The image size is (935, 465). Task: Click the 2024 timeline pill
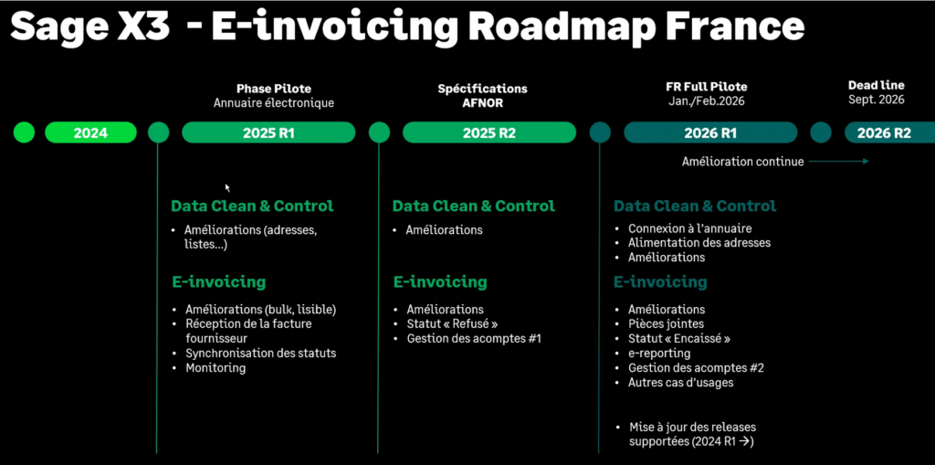pos(90,133)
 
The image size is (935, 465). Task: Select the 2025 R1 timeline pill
pos(268,133)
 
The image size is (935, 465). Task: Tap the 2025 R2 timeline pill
pos(489,133)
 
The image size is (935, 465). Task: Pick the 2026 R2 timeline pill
pos(888,133)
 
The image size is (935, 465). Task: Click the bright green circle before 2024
pos(24,133)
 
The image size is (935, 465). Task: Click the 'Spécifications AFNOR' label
pos(482,95)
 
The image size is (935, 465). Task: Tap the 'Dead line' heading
pos(876,85)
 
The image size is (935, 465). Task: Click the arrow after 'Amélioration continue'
pos(838,162)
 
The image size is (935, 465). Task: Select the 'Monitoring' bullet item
pos(215,368)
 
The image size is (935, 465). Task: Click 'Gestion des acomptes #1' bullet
pos(474,339)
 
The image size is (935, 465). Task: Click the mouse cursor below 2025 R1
pos(227,187)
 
